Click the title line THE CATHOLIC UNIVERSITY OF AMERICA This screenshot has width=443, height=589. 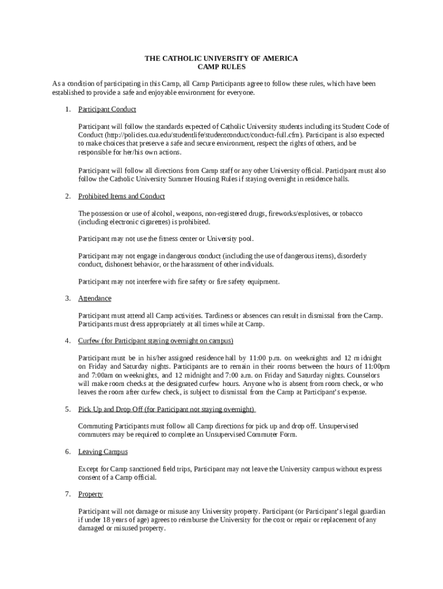click(221, 59)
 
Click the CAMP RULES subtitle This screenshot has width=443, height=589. click(221, 67)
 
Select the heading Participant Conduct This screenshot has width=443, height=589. click(107, 109)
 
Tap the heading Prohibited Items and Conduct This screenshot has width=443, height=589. click(121, 197)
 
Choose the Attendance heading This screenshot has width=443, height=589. click(95, 299)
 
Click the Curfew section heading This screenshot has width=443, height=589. click(155, 341)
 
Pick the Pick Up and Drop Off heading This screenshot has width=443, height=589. click(167, 410)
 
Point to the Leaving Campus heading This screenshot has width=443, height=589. click(103, 452)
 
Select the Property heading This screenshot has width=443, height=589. click(91, 495)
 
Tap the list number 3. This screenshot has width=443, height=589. click(67, 299)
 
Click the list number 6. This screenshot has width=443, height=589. click(67, 452)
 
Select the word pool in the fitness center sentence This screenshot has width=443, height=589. click(244, 239)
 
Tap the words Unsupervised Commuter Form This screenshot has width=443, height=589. click(253, 435)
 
